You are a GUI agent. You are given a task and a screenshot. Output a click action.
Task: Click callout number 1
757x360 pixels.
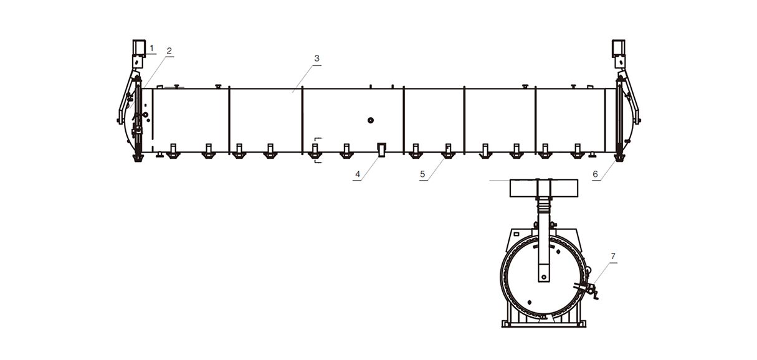coord(152,49)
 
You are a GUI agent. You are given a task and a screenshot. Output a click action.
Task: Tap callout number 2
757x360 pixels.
coord(169,51)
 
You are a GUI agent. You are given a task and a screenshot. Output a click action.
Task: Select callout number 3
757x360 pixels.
coord(317,59)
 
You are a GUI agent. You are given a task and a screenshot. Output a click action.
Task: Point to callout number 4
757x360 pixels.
coord(358,174)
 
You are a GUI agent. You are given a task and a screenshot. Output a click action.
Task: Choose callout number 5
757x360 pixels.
coord(422,174)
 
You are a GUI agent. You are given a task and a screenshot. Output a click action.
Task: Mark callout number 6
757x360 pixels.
coord(595,174)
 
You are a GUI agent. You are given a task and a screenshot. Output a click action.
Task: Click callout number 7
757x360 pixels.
coord(613,257)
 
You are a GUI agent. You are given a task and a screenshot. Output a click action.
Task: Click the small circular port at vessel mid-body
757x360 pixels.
coord(371,120)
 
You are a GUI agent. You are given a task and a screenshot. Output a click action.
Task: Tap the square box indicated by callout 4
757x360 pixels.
coord(381,149)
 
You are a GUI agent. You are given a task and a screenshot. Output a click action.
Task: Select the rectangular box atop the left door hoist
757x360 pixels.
coord(139,47)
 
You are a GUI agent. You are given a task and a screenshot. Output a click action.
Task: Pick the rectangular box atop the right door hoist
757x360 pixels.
coord(619,47)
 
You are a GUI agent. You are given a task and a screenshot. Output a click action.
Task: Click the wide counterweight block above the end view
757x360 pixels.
coord(544,188)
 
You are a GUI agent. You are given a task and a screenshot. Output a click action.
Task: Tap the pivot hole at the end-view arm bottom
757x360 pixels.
coord(544,277)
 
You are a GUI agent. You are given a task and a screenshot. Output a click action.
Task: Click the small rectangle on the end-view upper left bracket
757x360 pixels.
coord(517,234)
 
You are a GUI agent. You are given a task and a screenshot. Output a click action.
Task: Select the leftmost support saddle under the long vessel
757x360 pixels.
coord(173,151)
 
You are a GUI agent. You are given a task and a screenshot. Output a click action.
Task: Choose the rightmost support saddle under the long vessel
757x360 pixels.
coord(578,151)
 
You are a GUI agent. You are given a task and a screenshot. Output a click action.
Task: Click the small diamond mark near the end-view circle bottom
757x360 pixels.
coord(530,302)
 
